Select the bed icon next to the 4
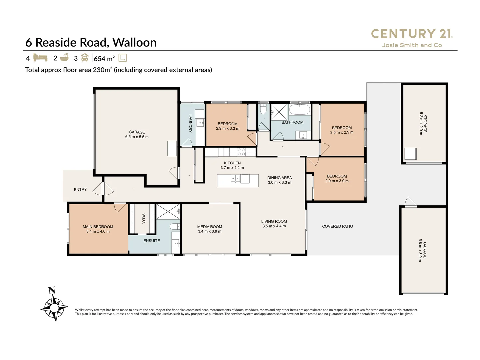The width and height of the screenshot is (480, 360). click(x=40, y=58)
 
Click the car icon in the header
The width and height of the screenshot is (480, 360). click(x=85, y=58)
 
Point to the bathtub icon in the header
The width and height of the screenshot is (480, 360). click(x=64, y=58)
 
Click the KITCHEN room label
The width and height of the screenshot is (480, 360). click(x=232, y=163)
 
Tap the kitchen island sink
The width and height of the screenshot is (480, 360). click(x=235, y=179)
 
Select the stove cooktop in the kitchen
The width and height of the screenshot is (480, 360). click(x=241, y=152)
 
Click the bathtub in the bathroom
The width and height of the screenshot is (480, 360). click(x=299, y=109)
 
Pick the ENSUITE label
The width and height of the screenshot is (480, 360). click(x=152, y=241)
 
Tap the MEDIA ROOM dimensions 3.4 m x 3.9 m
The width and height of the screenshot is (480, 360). click(x=209, y=231)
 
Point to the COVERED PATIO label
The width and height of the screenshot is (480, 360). click(x=337, y=226)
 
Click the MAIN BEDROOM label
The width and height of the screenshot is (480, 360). click(x=98, y=227)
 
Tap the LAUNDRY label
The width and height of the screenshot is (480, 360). click(x=190, y=123)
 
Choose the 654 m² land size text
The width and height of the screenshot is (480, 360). click(x=104, y=59)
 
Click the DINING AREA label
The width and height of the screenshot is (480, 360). click(x=279, y=178)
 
